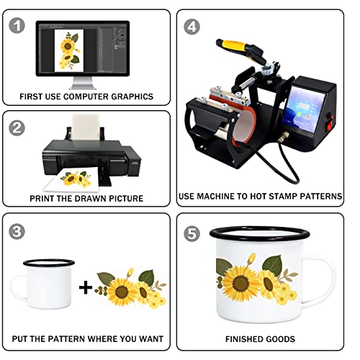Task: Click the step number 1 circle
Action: coord(17,25)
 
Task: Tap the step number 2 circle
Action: coord(17,127)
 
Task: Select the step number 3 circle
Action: coord(17,231)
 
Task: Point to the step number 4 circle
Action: coord(192,27)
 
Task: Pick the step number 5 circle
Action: coord(192,234)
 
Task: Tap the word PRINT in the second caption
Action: coord(40,199)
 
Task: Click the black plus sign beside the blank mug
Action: coord(86,287)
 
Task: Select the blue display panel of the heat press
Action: coord(304,109)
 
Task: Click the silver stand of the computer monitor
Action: coord(82,83)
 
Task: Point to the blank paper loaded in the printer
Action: coord(86,127)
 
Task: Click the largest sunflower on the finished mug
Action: coord(240,283)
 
